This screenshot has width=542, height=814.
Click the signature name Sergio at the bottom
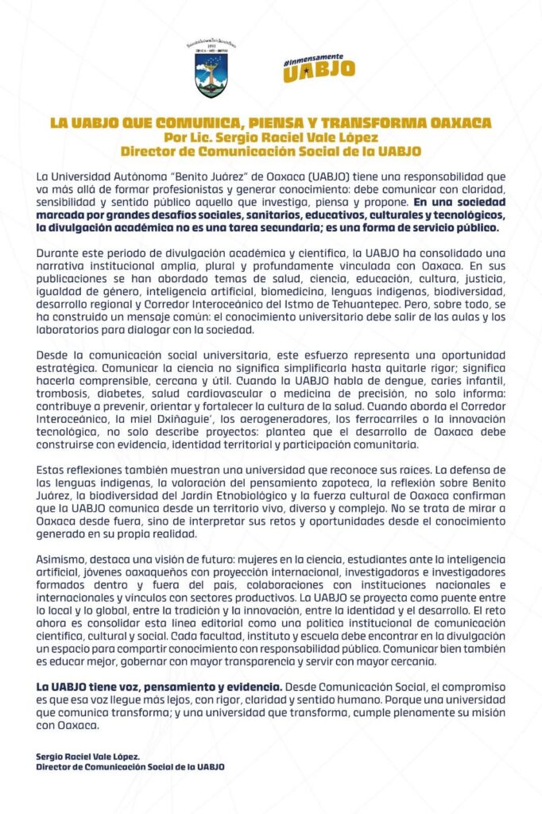tap(52, 757)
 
